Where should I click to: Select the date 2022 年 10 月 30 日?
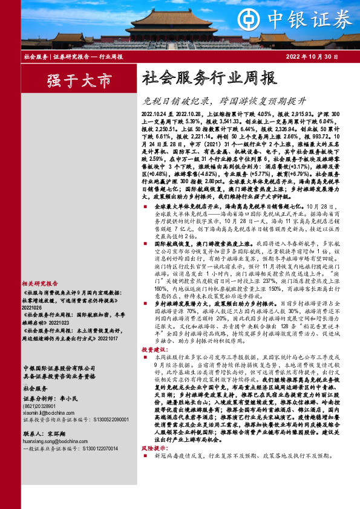[311, 57]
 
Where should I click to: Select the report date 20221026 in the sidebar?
[33, 290]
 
